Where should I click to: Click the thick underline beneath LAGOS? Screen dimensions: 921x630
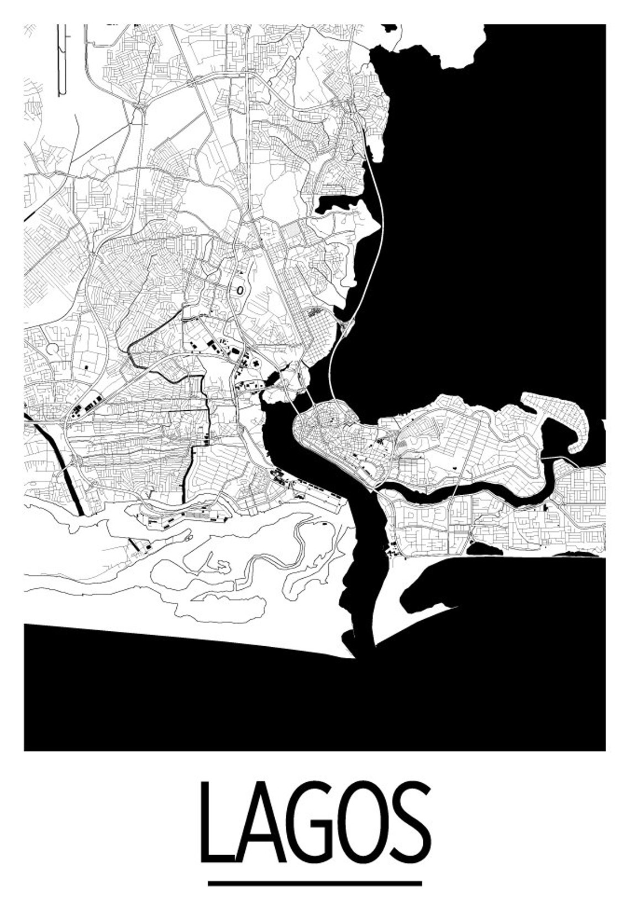click(x=314, y=883)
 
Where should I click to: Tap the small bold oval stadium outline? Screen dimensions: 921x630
click(x=240, y=289)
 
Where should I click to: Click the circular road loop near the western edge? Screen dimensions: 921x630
click(x=54, y=348)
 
